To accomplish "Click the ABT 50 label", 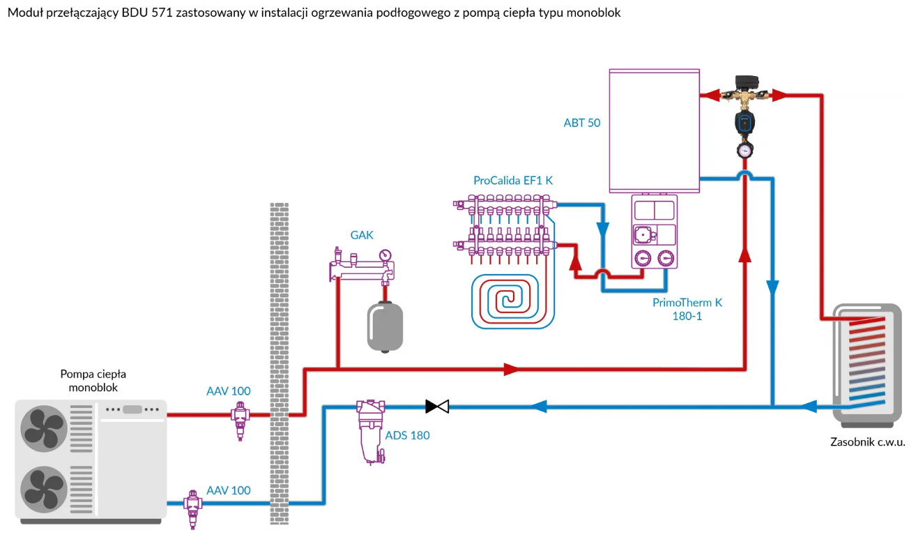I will [581, 123].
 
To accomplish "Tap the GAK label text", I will [362, 235].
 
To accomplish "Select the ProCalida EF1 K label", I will [513, 181].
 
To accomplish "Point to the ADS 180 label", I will [407, 435].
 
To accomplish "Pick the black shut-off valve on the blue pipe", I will [437, 405].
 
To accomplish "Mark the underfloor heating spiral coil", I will [513, 300].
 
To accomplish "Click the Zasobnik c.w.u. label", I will [867, 442].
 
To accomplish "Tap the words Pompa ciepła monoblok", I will [93, 381].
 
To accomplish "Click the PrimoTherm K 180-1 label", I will [687, 309].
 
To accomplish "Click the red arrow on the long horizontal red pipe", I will [512, 369].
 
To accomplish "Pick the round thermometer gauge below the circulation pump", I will [745, 149].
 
